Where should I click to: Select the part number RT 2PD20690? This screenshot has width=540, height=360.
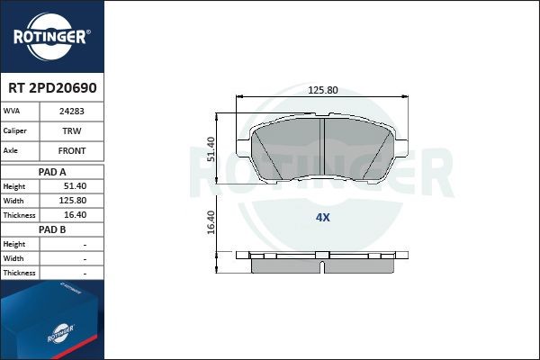pyautogui.click(x=52, y=89)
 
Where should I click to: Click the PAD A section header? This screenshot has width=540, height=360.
pyautogui.click(x=52, y=171)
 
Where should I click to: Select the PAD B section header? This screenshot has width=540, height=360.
pyautogui.click(x=52, y=229)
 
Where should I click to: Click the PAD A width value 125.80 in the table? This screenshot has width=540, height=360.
pyautogui.click(x=72, y=201)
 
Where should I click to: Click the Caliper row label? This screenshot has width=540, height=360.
pyautogui.click(x=15, y=131)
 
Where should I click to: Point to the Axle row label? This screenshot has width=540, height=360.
pyautogui.click(x=12, y=151)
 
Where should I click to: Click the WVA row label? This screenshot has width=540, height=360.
pyautogui.click(x=13, y=112)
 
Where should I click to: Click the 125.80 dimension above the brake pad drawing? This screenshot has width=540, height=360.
pyautogui.click(x=322, y=90)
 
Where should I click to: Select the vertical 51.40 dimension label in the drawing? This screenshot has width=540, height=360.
pyautogui.click(x=211, y=148)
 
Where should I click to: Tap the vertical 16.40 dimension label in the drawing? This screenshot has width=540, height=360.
pyautogui.click(x=211, y=222)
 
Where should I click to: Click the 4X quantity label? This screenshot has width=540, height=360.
pyautogui.click(x=322, y=217)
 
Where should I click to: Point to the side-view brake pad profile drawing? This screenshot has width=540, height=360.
pyautogui.click(x=322, y=264)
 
